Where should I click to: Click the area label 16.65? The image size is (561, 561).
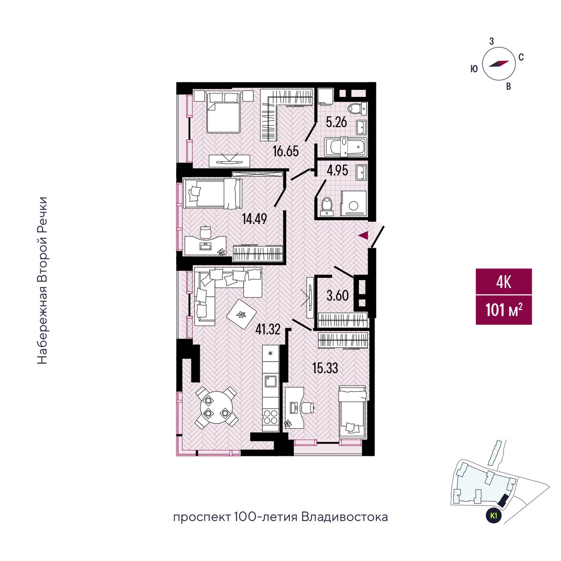pyautogui.click(x=286, y=151)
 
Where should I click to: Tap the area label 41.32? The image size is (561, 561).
pyautogui.click(x=268, y=330)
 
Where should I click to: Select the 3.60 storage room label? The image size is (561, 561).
pyautogui.click(x=338, y=296)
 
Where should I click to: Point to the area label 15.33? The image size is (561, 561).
pyautogui.click(x=325, y=368)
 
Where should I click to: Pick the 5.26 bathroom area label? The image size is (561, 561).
pyautogui.click(x=337, y=122)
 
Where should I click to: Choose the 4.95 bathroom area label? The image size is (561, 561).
pyautogui.click(x=337, y=171)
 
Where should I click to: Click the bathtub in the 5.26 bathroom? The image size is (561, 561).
pyautogui.click(x=345, y=147)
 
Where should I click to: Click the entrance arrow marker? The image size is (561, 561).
pyautogui.click(x=363, y=235)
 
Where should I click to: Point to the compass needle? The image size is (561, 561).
pyautogui.click(x=498, y=64)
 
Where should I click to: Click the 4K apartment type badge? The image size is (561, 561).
pyautogui.click(x=503, y=282)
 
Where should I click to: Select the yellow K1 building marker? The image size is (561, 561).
pyautogui.click(x=493, y=516)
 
